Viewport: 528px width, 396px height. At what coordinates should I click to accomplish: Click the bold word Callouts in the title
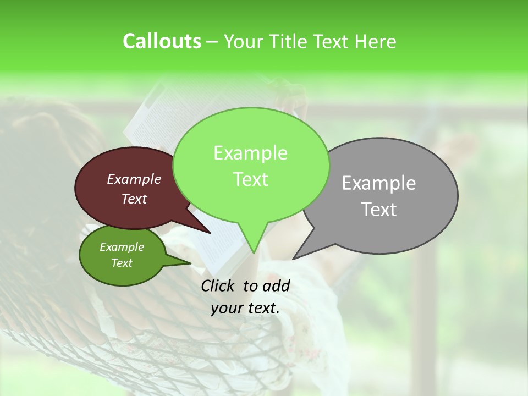click(x=162, y=41)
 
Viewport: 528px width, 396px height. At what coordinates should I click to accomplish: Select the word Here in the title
click(x=376, y=42)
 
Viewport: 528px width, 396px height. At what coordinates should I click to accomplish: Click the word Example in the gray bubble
click(x=379, y=183)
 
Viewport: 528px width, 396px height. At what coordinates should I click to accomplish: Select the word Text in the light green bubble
click(x=251, y=179)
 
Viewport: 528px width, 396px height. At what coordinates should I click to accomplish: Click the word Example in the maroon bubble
click(x=134, y=179)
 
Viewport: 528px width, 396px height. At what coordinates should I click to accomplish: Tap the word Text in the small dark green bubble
click(x=122, y=263)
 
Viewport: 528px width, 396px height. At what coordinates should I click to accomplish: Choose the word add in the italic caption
click(x=276, y=285)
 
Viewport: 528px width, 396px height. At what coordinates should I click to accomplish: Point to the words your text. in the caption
click(x=245, y=308)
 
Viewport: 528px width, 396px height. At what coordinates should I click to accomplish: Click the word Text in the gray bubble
click(x=379, y=210)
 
